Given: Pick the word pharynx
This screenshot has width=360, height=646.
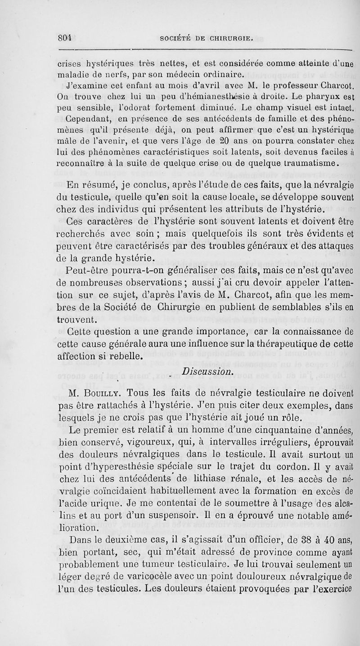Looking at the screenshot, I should coord(323,95).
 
